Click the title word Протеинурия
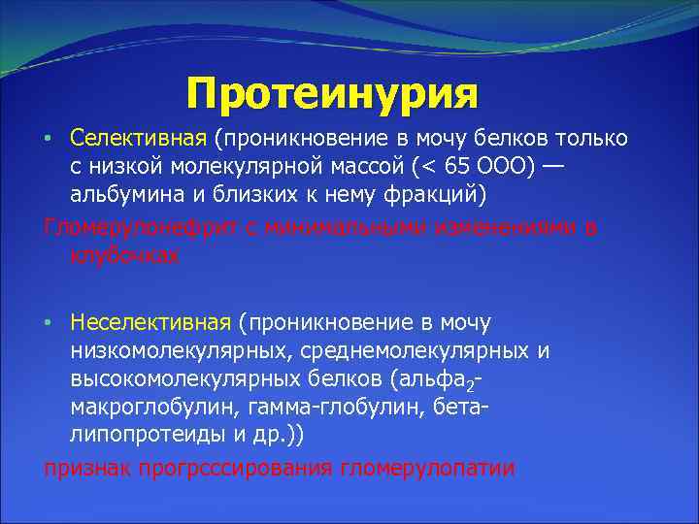tap(333, 94)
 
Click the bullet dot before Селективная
tap(48, 139)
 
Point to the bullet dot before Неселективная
tap(48, 322)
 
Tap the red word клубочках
tap(124, 254)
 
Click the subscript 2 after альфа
tap(473, 383)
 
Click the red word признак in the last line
tap(87, 468)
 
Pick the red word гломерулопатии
tap(428, 468)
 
